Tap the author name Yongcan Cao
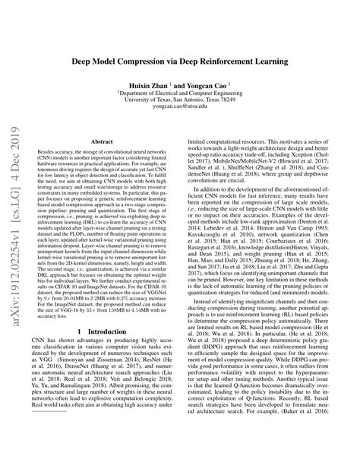215,84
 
